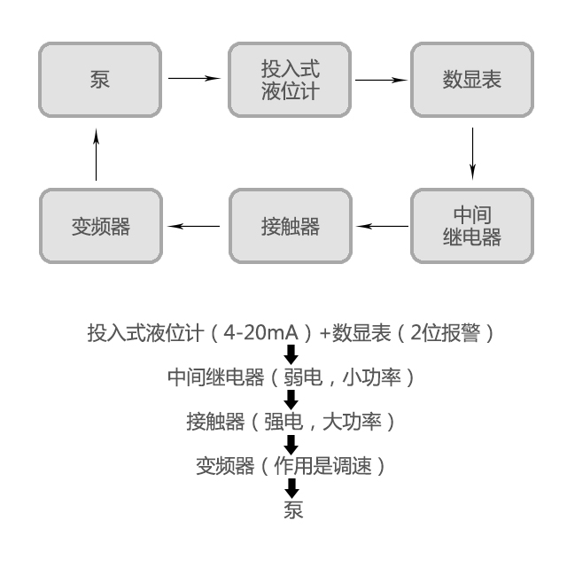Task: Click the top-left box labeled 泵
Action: point(100,79)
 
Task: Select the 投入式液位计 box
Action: point(290,79)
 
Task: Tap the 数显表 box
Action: point(472,79)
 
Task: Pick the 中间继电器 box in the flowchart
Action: point(472,225)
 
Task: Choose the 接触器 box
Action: point(290,225)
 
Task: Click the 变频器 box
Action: point(100,225)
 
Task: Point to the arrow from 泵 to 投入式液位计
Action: point(194,79)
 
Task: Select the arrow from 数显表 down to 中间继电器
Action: point(472,151)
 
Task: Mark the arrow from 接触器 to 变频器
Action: point(194,226)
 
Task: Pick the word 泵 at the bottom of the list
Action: point(292,510)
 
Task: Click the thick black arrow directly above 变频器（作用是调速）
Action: point(291,443)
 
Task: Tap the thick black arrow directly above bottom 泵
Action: point(291,487)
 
